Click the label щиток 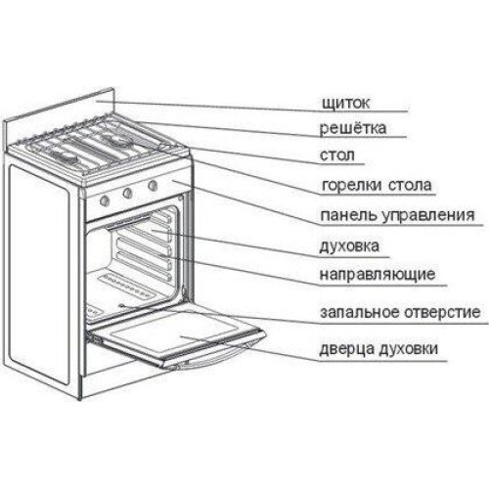tap(345, 103)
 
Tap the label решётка tap(353, 128)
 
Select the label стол tap(337, 156)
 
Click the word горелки tap(351, 186)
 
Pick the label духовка tap(349, 245)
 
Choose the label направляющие tap(378, 275)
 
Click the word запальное tap(360, 312)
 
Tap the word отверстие tap(442, 312)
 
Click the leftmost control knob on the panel tap(104, 200)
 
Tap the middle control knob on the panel tap(127, 194)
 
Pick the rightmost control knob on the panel tap(153, 186)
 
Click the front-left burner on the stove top tap(66, 158)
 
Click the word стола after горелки tap(410, 186)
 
